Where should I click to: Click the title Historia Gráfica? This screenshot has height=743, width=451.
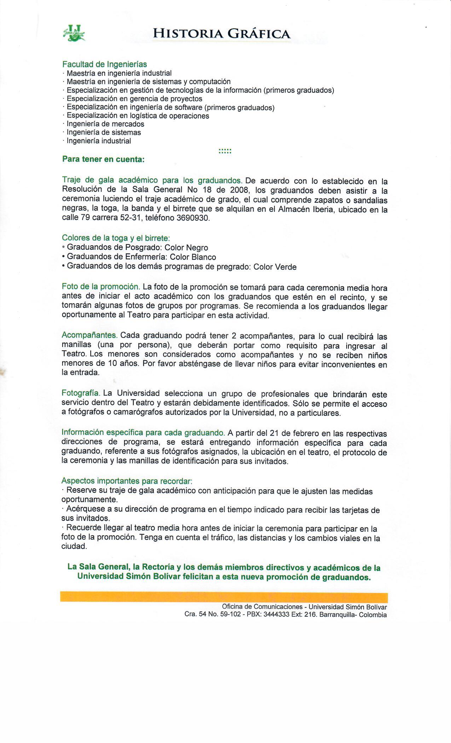[x=221, y=34]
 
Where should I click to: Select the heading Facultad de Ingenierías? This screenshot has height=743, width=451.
[x=104, y=64]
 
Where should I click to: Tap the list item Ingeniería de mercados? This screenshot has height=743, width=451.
[x=105, y=124]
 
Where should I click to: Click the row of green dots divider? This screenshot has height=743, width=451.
[x=225, y=151]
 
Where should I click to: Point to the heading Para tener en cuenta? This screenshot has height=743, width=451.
[x=103, y=159]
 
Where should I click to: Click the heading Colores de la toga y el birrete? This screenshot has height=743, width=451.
[x=116, y=238]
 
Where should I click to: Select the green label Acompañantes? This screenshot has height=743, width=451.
[x=89, y=335]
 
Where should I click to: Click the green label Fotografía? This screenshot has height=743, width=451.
[x=81, y=393]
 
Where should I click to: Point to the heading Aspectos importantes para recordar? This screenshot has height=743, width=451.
[x=127, y=481]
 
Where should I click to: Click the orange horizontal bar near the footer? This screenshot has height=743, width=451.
[x=224, y=597]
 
